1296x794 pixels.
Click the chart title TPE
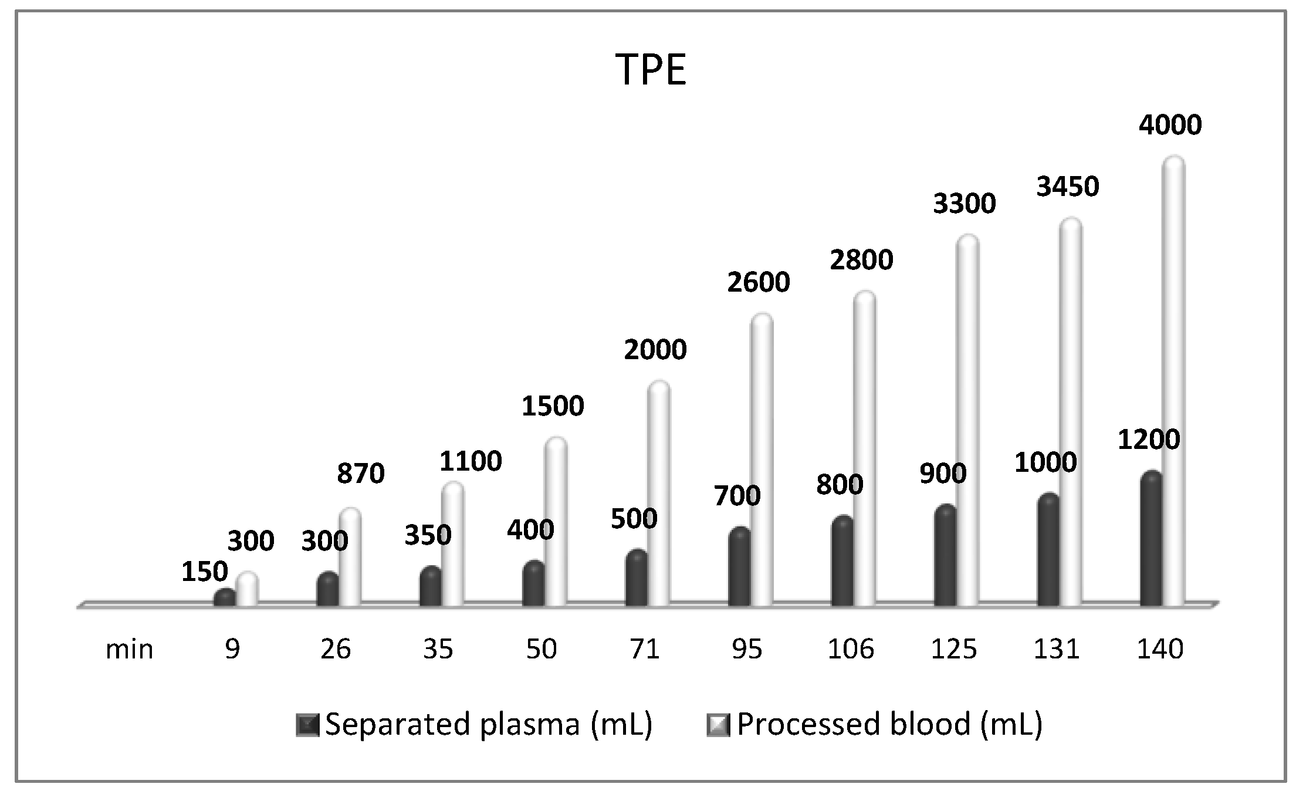tap(651, 70)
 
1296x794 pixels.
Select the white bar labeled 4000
tap(1174, 381)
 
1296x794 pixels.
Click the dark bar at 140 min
tap(1151, 540)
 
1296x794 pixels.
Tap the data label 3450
tap(1067, 187)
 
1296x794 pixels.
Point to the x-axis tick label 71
tap(644, 649)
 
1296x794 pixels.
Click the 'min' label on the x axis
tap(129, 649)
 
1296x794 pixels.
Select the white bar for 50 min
tap(556, 522)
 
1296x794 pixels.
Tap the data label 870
tap(360, 474)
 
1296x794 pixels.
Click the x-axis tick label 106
tap(851, 649)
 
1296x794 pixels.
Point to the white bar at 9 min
tap(247, 590)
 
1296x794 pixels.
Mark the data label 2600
tap(759, 283)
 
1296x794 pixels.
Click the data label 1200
tap(1148, 440)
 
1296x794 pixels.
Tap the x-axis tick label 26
tap(336, 649)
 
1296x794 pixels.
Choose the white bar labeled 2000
tap(659, 493)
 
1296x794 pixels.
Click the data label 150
tap(204, 572)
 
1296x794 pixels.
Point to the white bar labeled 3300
tap(967, 420)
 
